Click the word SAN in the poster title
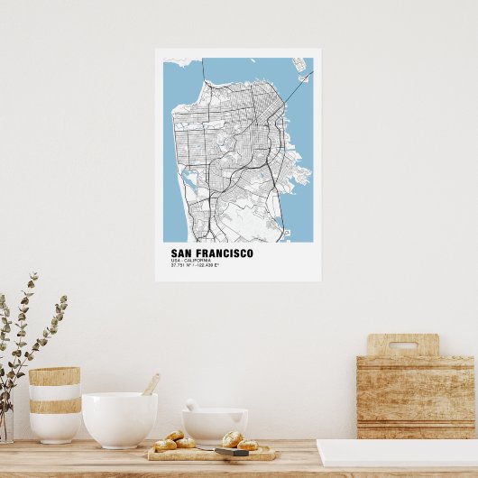[x=181, y=253]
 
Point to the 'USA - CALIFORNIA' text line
[x=190, y=261]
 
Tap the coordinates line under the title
[x=195, y=265]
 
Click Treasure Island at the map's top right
[x=299, y=65]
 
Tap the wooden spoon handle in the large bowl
[x=151, y=384]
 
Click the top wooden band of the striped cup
[x=54, y=375]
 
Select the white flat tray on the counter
[x=397, y=452]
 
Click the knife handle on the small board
[x=231, y=452]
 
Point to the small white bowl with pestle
[x=215, y=425]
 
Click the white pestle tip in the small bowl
[x=191, y=405]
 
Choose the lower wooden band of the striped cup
[x=54, y=406]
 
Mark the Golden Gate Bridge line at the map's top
[x=203, y=69]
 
